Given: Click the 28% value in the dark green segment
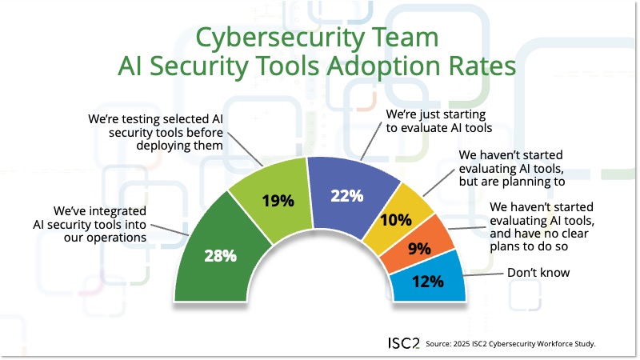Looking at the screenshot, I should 220,256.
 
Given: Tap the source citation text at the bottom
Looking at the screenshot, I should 511,343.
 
